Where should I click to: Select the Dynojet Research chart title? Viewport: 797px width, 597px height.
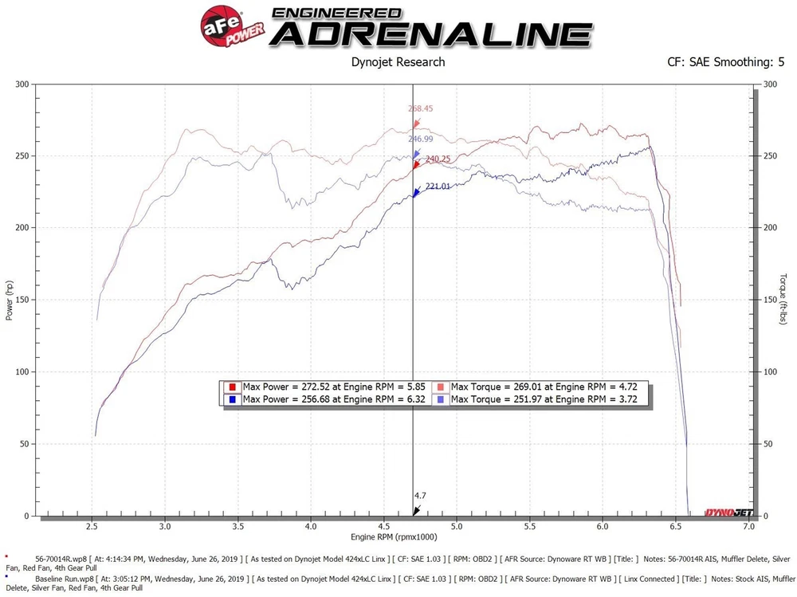coord(398,61)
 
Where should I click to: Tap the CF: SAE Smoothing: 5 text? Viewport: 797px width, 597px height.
coord(725,61)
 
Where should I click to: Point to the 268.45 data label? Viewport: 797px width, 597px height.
coord(420,109)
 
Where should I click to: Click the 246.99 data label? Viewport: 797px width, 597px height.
coord(420,139)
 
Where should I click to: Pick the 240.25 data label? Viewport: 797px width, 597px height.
coord(438,159)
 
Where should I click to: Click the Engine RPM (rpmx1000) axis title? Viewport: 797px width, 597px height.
coord(394,538)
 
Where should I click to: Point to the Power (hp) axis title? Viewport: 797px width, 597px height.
coord(9,300)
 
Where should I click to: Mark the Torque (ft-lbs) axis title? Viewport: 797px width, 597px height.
coord(783,300)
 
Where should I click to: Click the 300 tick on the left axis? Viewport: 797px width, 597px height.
coord(22,84)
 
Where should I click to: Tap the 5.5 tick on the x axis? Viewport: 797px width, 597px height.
coord(530,527)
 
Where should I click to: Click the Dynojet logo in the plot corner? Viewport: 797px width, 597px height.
coord(724,513)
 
